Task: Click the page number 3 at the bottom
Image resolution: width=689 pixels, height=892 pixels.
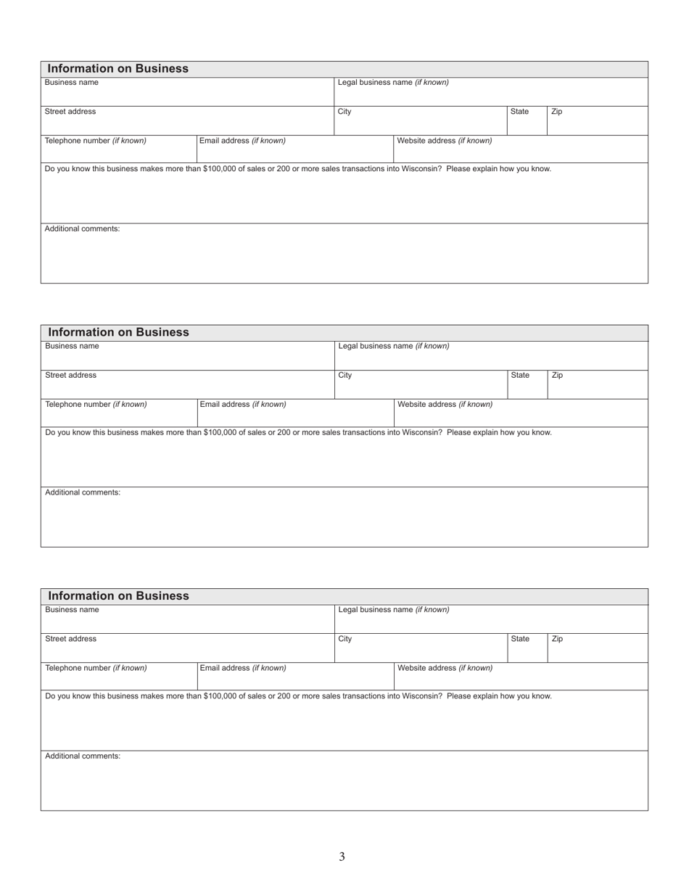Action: [x=342, y=856]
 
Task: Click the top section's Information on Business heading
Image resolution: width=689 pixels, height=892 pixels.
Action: [x=117, y=69]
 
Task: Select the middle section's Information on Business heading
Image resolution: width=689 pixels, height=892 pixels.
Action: [x=117, y=332]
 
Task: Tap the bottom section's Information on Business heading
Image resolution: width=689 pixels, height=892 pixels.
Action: [x=117, y=595]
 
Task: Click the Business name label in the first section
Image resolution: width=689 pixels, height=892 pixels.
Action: [x=72, y=83]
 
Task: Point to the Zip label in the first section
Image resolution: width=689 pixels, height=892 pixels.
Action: [x=556, y=112]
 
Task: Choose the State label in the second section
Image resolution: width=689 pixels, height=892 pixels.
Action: [x=520, y=376]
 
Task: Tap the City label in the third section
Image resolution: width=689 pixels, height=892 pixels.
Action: [x=345, y=639]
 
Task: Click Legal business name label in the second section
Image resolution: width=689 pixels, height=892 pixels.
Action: [x=394, y=346]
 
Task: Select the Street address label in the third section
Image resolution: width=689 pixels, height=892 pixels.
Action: [x=70, y=639]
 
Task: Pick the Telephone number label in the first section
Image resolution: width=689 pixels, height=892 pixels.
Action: [x=96, y=141]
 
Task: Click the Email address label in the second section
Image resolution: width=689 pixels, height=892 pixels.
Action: [x=243, y=404]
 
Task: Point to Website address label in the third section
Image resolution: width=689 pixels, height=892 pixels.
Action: [x=445, y=668]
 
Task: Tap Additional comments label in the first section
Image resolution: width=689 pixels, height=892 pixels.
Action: [x=83, y=229]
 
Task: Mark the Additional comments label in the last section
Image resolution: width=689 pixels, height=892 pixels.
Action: [x=83, y=756]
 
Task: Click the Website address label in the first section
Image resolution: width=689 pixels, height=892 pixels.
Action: [x=445, y=141]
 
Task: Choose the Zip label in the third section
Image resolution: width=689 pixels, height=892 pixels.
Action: [x=557, y=639]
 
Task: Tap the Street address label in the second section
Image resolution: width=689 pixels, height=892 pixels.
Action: [x=70, y=376]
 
